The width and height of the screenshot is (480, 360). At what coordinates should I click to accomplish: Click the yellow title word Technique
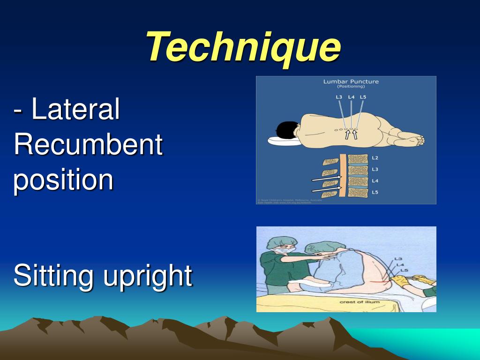[x=243, y=47]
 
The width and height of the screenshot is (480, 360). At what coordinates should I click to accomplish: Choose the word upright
[x=148, y=276]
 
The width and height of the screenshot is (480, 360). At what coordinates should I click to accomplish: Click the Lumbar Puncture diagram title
[x=351, y=82]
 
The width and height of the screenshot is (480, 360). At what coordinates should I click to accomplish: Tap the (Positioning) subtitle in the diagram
[x=351, y=87]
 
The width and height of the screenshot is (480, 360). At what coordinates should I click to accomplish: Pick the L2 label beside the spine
[x=375, y=158]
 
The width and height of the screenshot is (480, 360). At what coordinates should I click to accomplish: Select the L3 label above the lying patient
[x=339, y=97]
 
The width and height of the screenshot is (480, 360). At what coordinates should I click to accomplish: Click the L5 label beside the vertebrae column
[x=375, y=193]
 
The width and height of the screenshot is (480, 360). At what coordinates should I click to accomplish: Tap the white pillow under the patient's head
[x=281, y=140]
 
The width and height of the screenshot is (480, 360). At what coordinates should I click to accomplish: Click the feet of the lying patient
[x=412, y=139]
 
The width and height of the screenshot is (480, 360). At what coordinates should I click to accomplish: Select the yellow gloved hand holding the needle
[x=401, y=281]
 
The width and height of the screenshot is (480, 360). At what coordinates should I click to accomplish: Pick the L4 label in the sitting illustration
[x=399, y=264]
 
